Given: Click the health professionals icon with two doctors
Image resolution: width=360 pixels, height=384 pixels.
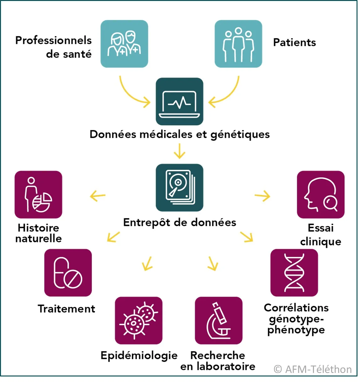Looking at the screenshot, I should (x=124, y=44).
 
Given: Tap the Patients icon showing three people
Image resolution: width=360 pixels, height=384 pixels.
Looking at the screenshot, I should (x=238, y=44).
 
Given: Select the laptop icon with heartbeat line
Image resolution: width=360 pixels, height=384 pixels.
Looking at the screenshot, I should (x=179, y=101).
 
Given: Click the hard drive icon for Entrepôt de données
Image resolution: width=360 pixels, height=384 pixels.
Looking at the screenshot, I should (x=179, y=187).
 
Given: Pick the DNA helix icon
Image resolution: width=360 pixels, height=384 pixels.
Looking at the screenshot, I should (x=294, y=273).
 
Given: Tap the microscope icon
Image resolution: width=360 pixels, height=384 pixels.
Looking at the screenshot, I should (x=218, y=321).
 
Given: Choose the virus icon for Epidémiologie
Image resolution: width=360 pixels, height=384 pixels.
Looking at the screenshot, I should (x=138, y=321).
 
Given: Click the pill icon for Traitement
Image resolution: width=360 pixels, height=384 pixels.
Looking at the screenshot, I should (x=68, y=273).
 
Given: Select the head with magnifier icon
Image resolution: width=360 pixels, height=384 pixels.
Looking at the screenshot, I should (x=320, y=195).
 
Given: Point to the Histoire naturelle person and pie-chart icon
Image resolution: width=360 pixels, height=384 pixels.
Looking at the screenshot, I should (x=38, y=195).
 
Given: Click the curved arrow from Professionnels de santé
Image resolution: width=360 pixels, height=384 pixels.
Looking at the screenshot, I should (x=132, y=93).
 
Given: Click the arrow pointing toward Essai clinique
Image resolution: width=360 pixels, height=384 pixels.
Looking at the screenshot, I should (x=262, y=197).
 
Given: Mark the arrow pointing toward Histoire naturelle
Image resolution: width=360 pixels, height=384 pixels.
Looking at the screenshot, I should (x=98, y=197).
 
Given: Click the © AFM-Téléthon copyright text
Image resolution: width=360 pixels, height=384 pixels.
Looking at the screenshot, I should (x=312, y=369).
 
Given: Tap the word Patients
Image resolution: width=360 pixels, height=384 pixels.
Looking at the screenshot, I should (x=294, y=42).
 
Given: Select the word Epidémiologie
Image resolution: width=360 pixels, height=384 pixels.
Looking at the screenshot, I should (x=139, y=355).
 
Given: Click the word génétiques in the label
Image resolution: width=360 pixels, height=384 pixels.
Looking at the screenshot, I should (x=240, y=135).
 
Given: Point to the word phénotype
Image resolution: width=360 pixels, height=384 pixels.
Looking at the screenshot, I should (x=296, y=330).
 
